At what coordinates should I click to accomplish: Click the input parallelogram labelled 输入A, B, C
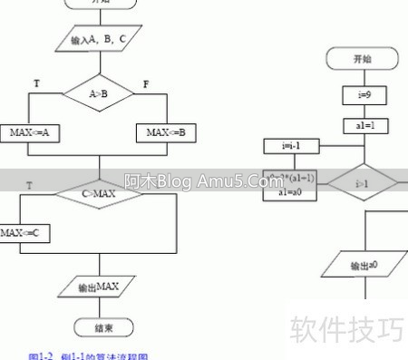pyautogui.click(x=97, y=40)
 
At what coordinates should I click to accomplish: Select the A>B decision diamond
pyautogui.click(x=98, y=92)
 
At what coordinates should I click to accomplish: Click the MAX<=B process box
pyautogui.click(x=167, y=133)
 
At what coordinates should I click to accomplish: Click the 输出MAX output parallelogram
pyautogui.click(x=98, y=287)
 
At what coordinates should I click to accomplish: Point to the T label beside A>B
pyautogui.click(x=36, y=83)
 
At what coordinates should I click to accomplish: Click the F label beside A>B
pyautogui.click(x=147, y=83)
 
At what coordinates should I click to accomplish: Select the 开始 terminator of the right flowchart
pyautogui.click(x=363, y=59)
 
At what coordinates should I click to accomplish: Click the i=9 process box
pyautogui.click(x=363, y=93)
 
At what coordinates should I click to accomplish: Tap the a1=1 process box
pyautogui.click(x=363, y=125)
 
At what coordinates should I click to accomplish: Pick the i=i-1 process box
pyautogui.click(x=290, y=146)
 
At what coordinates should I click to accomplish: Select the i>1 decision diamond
pyautogui.click(x=362, y=183)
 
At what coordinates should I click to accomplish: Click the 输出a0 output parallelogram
pyautogui.click(x=363, y=266)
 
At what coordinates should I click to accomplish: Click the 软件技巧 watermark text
pyautogui.click(x=345, y=328)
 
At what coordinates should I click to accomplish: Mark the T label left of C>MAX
pyautogui.click(x=30, y=185)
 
